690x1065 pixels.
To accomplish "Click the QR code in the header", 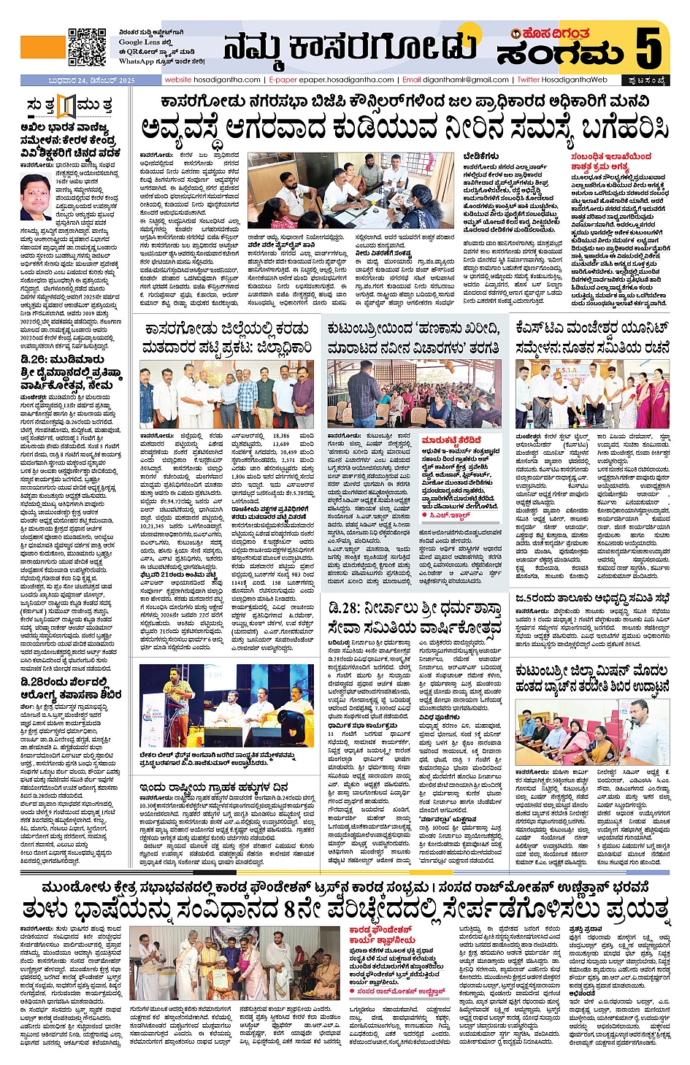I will tap(86, 47).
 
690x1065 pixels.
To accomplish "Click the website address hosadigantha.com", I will tap(212, 80).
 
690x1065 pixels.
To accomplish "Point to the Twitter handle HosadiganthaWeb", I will tap(561, 80).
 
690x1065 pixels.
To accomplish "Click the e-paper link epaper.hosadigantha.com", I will tap(331, 80).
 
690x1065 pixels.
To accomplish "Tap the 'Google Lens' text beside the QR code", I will tap(141, 42).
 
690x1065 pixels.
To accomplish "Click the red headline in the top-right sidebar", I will tap(611, 161).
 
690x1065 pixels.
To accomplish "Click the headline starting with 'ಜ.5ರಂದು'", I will tap(591, 599).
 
